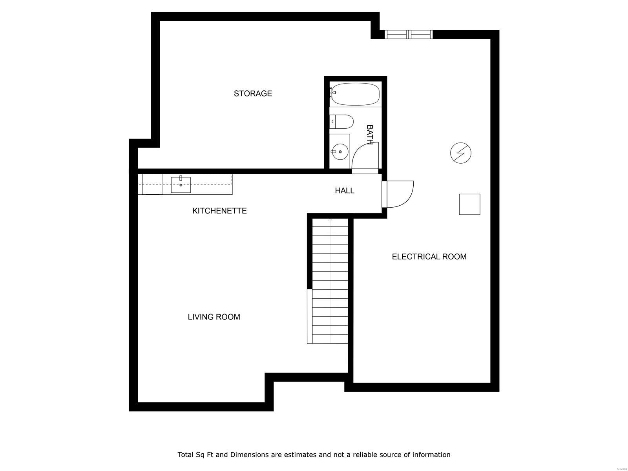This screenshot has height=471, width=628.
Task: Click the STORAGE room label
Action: click(253, 93)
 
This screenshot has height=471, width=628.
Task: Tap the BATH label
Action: click(369, 135)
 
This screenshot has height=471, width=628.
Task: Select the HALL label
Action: click(345, 191)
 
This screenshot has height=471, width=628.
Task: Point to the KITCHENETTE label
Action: click(219, 211)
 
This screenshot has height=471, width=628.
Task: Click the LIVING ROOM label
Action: click(214, 317)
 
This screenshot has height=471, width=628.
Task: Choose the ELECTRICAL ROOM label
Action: click(429, 257)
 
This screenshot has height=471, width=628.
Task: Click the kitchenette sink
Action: click(181, 185)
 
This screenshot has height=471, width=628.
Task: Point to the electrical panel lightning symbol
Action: click(460, 153)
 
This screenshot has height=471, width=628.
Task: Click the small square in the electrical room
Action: click(469, 204)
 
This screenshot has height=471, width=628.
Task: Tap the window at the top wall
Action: click(409, 35)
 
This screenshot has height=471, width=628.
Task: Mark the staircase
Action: click(330, 281)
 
